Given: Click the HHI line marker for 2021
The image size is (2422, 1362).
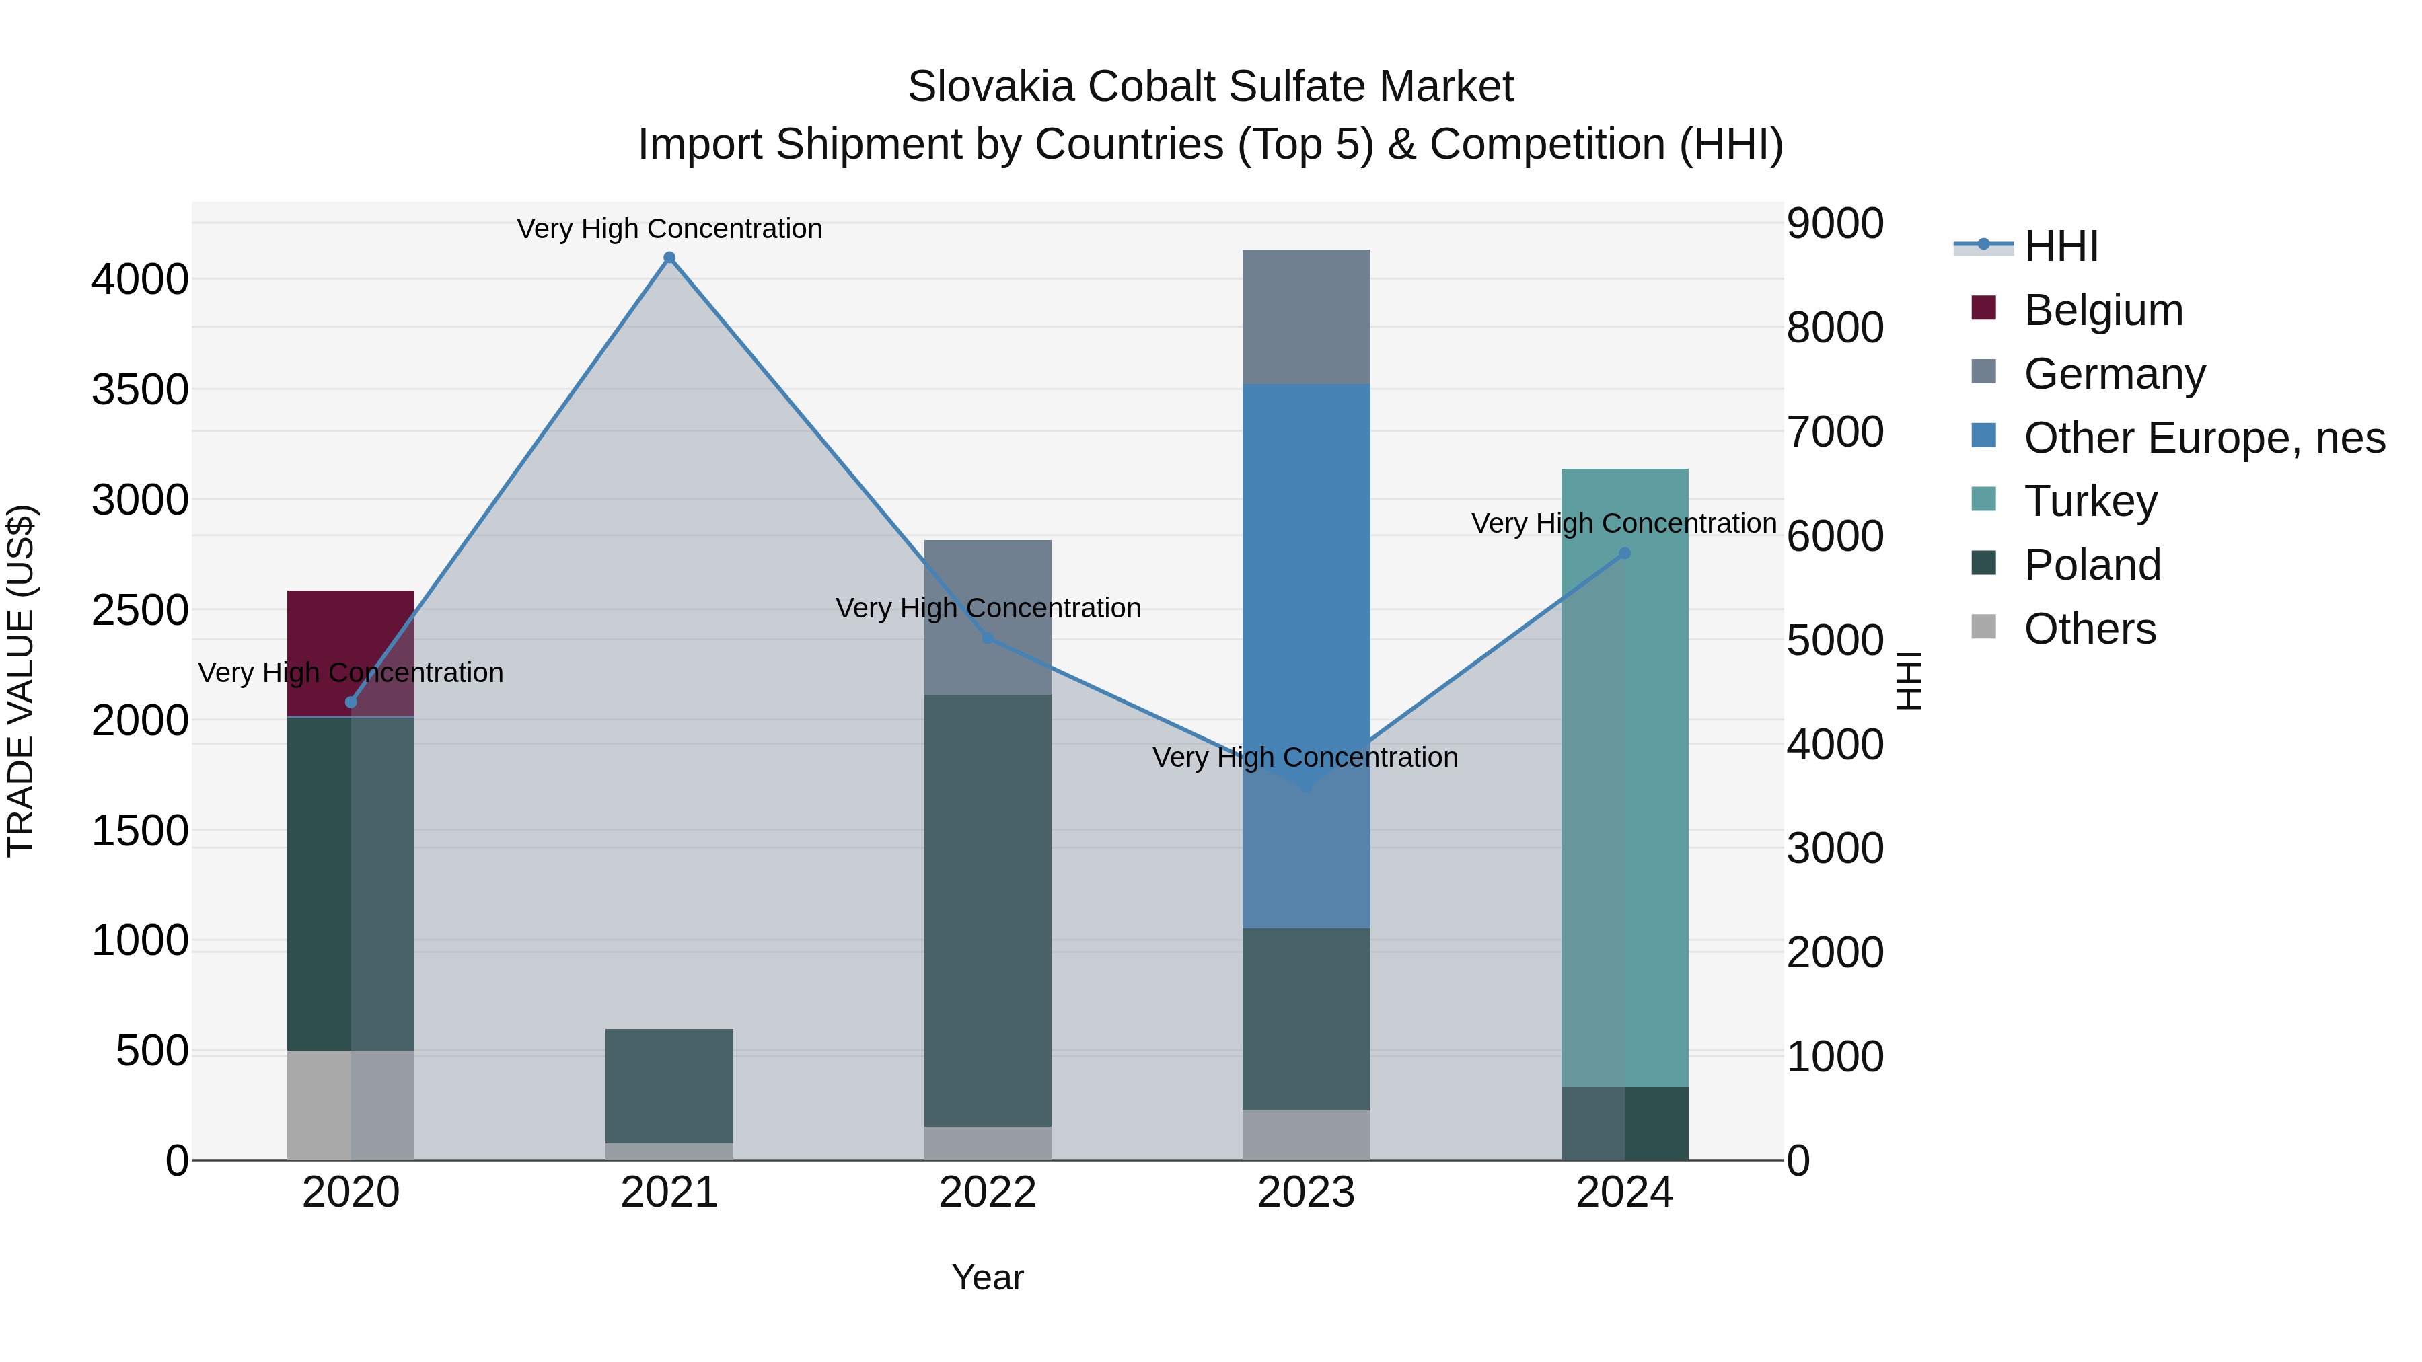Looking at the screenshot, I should (x=669, y=258).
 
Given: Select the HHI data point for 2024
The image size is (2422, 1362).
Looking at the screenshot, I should (x=1624, y=554).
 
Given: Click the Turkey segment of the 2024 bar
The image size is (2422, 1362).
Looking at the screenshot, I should (x=1624, y=846).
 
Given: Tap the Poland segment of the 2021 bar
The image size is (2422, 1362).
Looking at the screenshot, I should (x=669, y=1086).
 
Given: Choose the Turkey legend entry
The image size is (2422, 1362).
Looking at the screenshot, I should (x=2090, y=501).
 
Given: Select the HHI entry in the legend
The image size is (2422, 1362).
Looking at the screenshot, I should (x=2061, y=246).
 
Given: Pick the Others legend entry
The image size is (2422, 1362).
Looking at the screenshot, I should (x=2089, y=629).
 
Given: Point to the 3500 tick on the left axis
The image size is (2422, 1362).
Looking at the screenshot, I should (x=140, y=390).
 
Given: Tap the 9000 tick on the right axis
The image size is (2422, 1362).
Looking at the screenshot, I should (x=1835, y=224).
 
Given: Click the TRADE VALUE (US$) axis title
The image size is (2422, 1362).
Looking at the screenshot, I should (x=21, y=681).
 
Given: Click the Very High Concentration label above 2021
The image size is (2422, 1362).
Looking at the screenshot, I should (x=669, y=229).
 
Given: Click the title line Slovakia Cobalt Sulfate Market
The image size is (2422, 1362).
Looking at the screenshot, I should (x=1210, y=87).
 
